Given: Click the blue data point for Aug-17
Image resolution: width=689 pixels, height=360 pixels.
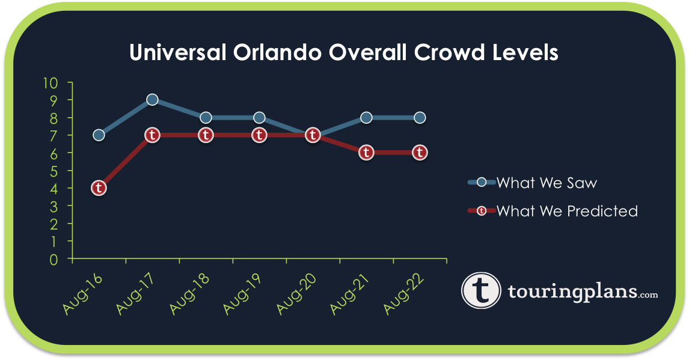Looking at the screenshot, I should point(152,100).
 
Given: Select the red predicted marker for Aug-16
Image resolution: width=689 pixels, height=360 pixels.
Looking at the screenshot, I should point(99,188).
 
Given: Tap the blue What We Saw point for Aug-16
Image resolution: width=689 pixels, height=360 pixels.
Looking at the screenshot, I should point(99,135).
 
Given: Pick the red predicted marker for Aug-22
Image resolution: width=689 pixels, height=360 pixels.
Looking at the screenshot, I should point(420,153).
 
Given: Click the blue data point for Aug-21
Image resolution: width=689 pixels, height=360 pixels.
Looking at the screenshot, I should point(366,117).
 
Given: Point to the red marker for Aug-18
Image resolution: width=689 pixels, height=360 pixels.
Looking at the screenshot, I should point(206,135).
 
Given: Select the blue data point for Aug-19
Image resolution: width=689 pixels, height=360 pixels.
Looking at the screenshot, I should point(259,117).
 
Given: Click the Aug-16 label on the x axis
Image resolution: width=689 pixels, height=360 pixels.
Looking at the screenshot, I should point(84,295).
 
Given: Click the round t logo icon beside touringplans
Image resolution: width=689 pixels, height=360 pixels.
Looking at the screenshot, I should point(481,290).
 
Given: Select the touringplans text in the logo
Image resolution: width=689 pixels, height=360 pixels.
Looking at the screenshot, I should point(571,291).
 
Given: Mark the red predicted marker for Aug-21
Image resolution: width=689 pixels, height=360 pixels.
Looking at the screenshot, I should point(366,153).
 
